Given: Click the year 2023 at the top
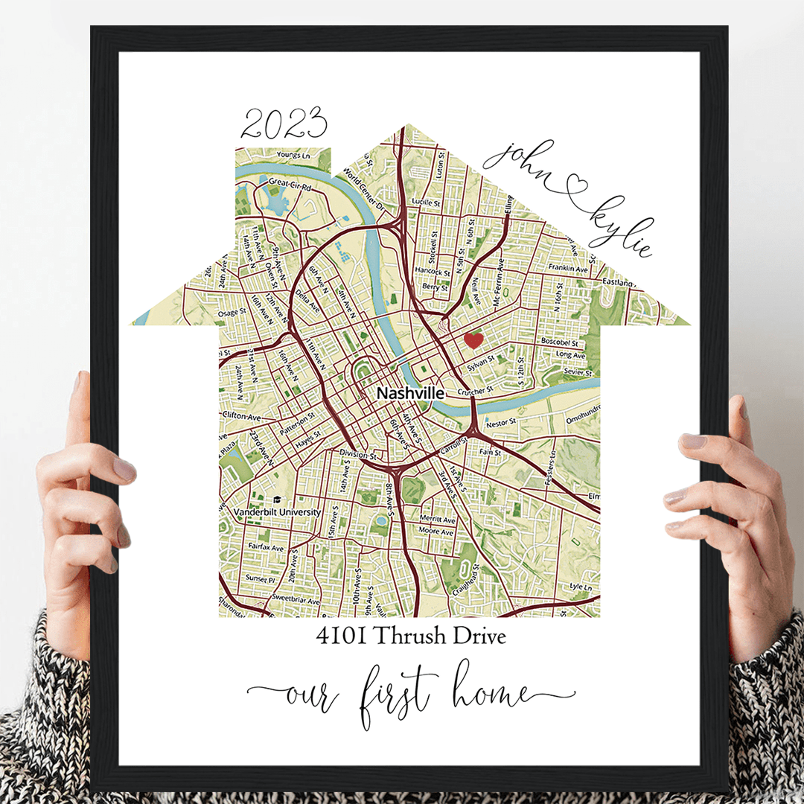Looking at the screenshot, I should tap(284, 124).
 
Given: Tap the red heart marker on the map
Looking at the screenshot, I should tap(473, 341).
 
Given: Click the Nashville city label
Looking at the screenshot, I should tap(410, 393).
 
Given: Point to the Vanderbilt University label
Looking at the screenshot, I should tap(277, 513).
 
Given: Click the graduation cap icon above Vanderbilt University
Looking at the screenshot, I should tap(278, 500).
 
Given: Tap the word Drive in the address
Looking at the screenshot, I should tap(479, 636).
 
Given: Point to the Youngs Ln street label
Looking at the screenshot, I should tap(292, 155).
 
